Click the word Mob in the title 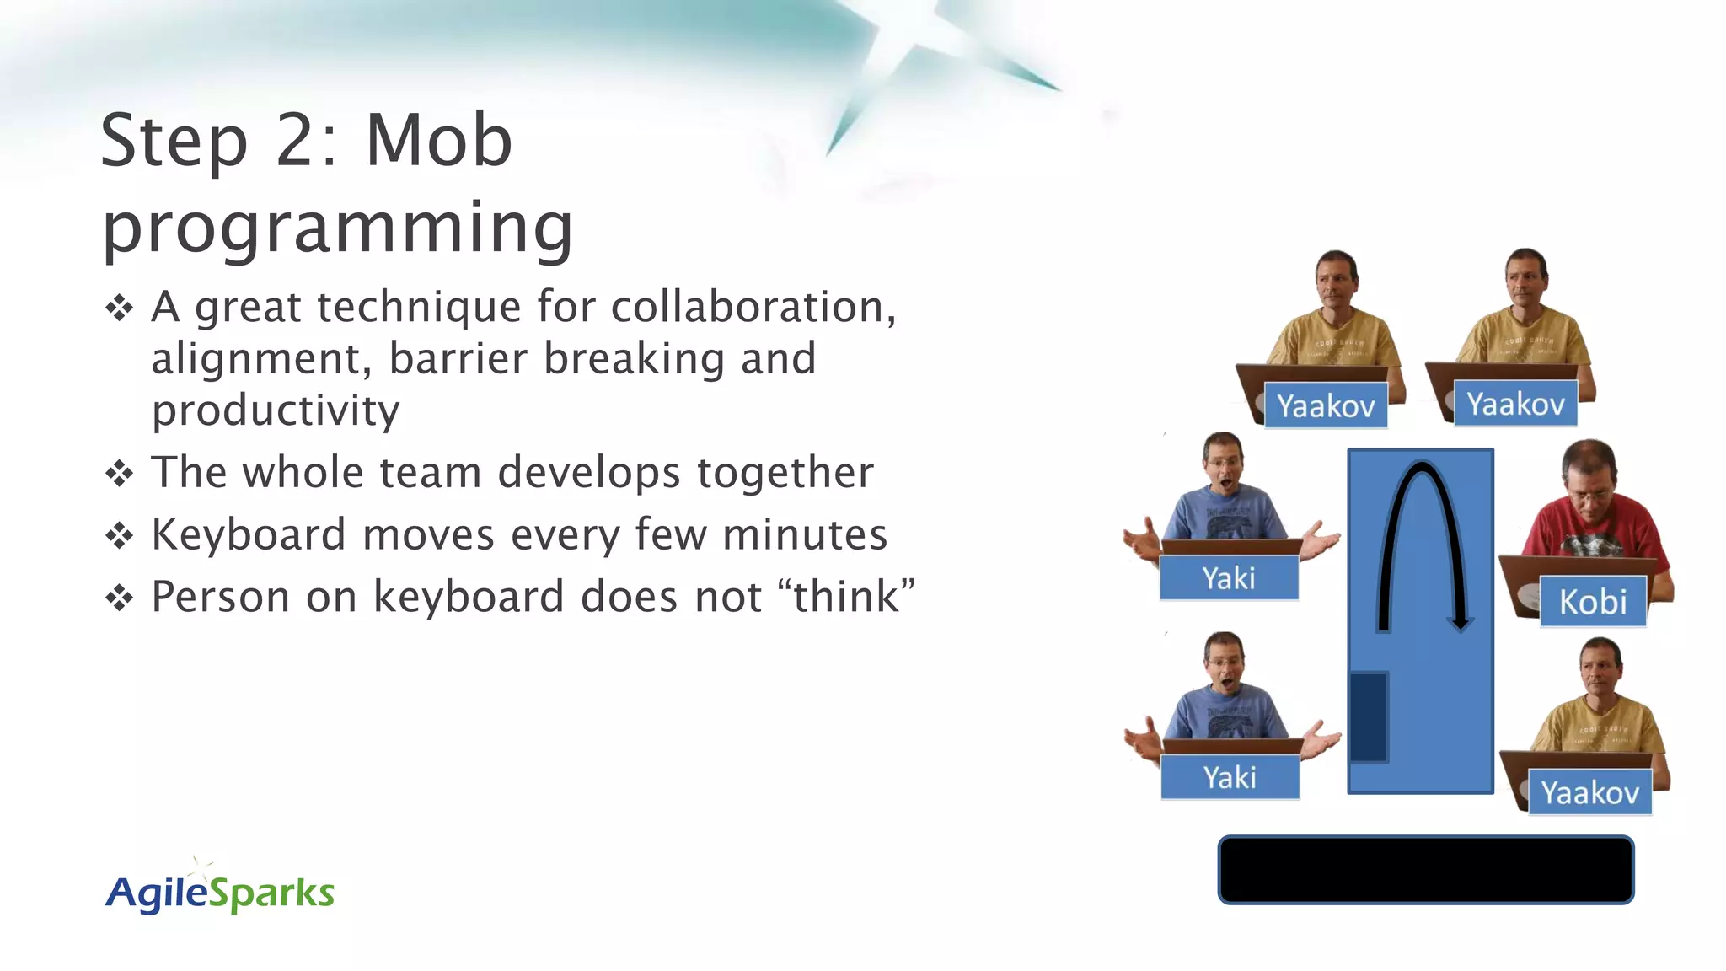click(x=438, y=140)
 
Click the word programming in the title click(x=337, y=228)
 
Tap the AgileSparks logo click(x=219, y=892)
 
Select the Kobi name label click(x=1592, y=602)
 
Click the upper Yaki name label click(x=1228, y=578)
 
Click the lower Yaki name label click(x=1229, y=777)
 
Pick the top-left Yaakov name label click(x=1325, y=406)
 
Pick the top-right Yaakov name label click(x=1514, y=404)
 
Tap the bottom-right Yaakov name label click(x=1589, y=792)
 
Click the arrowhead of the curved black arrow click(x=1460, y=624)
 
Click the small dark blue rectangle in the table click(x=1369, y=716)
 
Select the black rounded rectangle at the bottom click(x=1425, y=870)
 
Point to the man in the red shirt click(x=1589, y=514)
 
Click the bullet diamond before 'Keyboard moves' click(x=119, y=536)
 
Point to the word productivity click(x=275, y=411)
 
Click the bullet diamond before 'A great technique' click(x=119, y=308)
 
